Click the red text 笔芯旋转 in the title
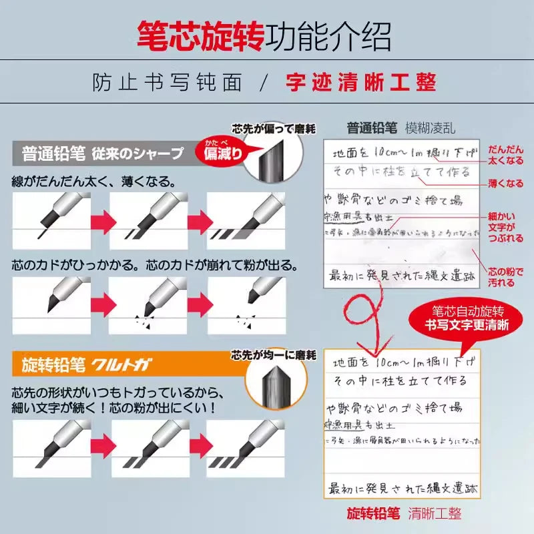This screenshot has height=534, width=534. pos(200,36)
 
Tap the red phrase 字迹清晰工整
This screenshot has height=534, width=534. pos(360,82)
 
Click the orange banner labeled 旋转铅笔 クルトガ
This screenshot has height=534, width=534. pos(100,364)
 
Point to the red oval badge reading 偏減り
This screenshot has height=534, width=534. pos(220,153)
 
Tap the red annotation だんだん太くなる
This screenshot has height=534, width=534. pos(505,156)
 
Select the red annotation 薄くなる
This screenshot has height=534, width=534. pos(505,183)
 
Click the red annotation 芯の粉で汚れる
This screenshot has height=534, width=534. pos(501,277)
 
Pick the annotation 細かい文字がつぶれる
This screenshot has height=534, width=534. pos(505,227)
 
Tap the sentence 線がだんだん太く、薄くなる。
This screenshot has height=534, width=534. pos(93,181)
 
